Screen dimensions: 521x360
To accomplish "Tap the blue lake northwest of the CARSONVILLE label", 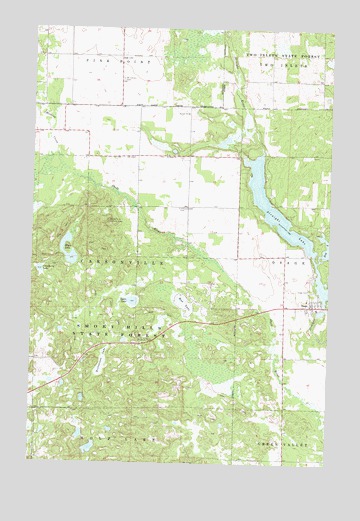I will point(69,251).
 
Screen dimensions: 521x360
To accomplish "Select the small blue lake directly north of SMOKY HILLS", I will point(130,299).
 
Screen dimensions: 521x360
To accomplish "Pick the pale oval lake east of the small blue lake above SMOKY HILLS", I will point(181,300).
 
